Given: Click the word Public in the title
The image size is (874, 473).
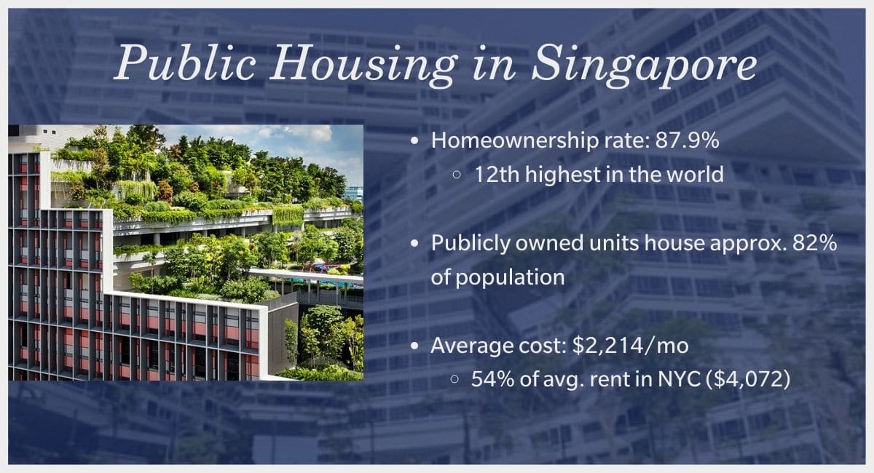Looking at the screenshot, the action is point(185,63).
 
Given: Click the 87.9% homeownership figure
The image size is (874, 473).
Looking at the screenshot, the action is point(687,140).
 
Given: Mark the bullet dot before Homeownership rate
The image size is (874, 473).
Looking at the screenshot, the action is point(414,141).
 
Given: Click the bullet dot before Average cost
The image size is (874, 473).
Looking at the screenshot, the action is point(414,346).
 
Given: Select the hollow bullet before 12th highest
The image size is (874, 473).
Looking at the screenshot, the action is point(457,175).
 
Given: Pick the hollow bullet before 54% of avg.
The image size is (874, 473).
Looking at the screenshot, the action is point(454,379).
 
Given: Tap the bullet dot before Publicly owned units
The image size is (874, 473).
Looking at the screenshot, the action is point(414,244).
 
